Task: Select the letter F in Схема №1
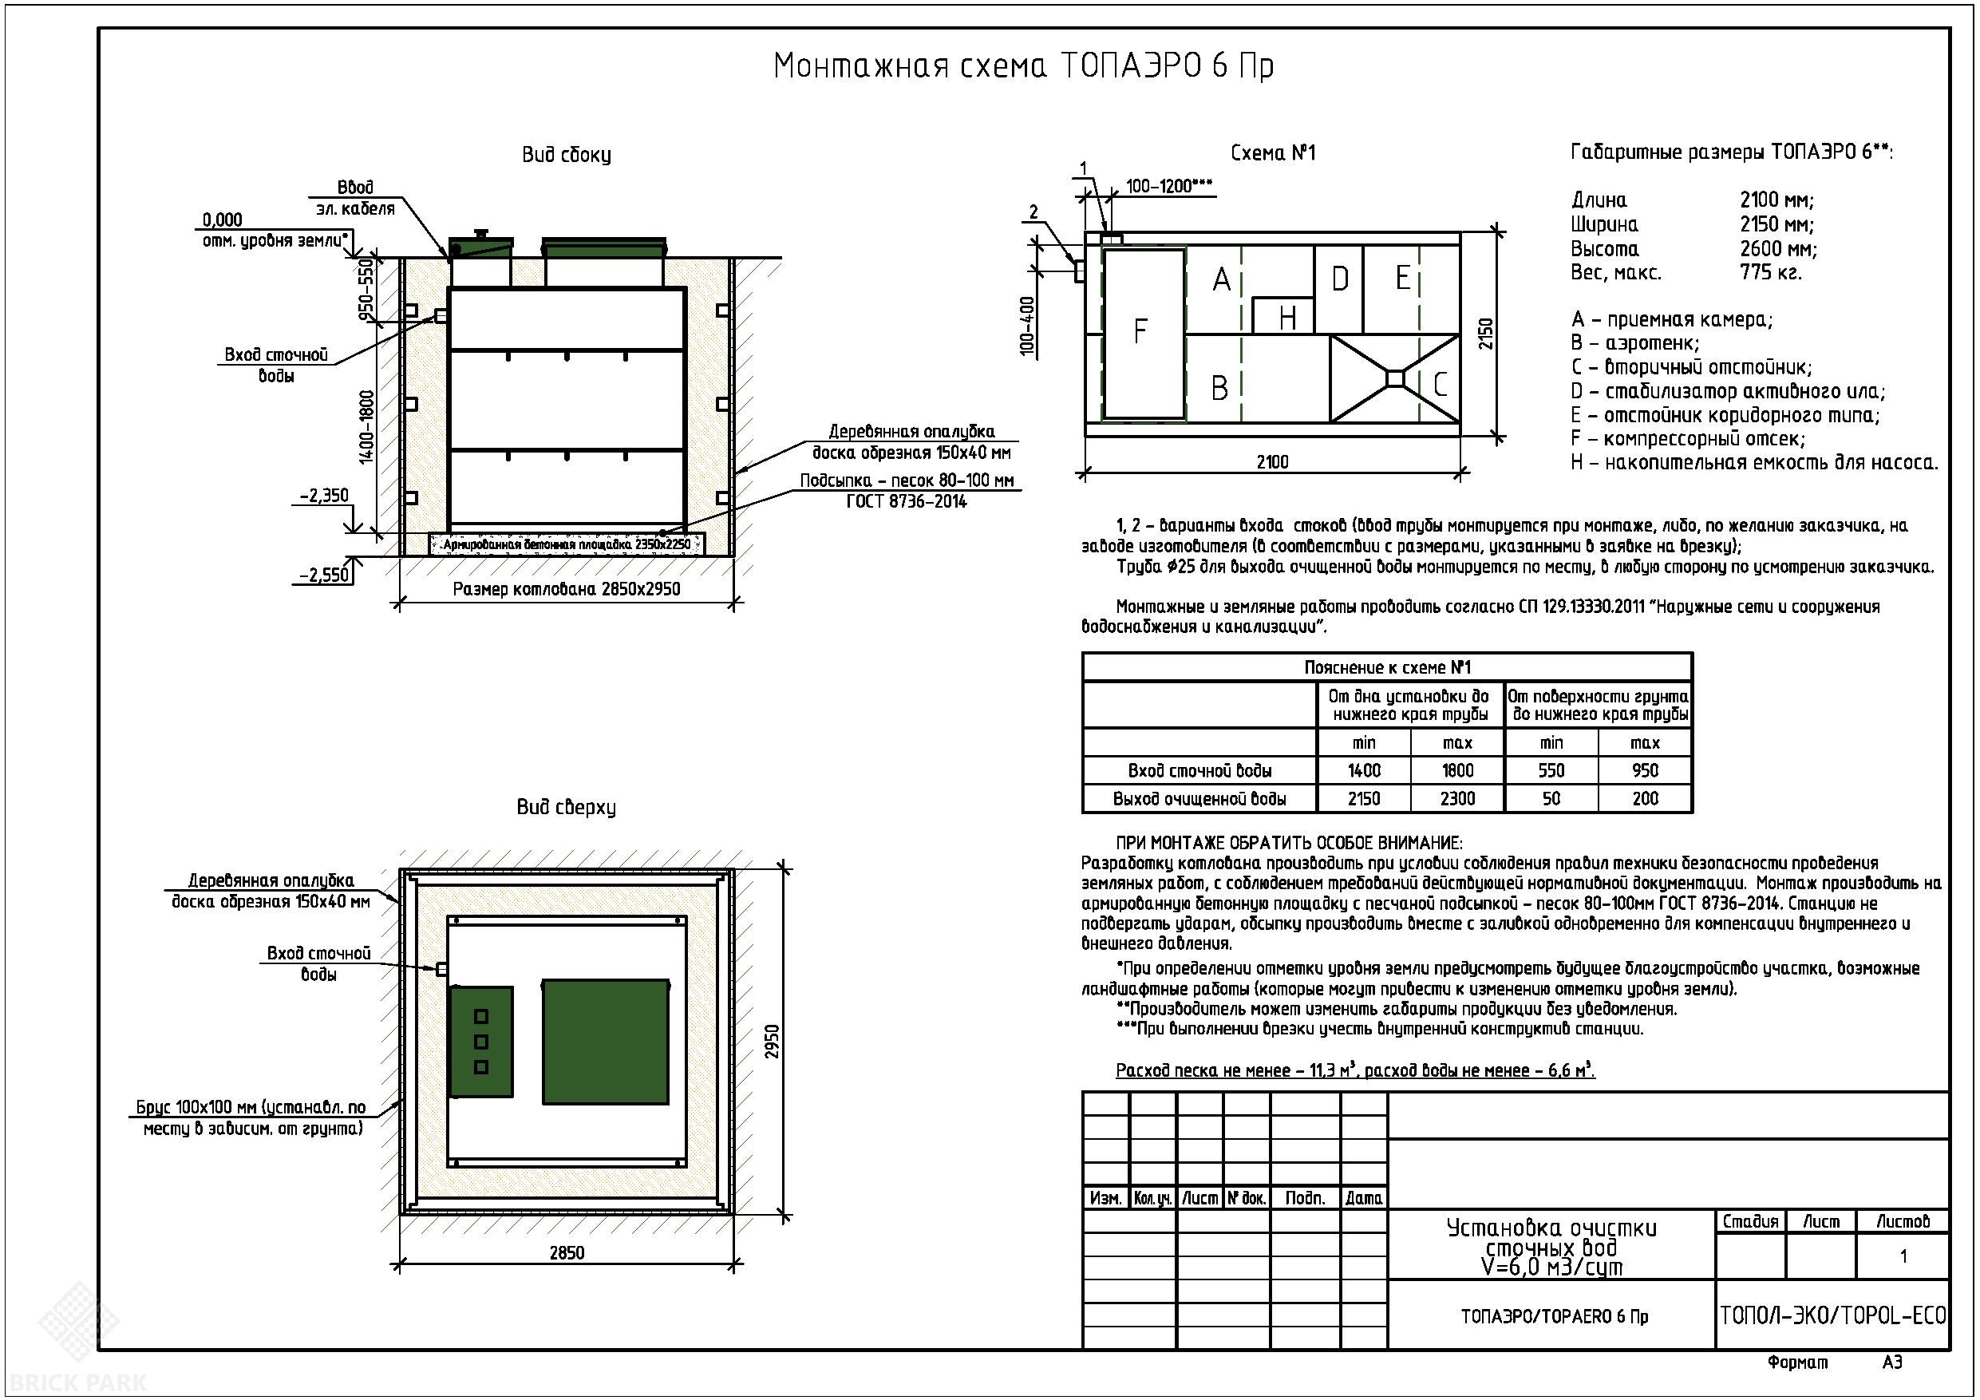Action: point(1140,331)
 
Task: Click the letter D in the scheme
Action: point(1339,279)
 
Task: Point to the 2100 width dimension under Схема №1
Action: point(1272,462)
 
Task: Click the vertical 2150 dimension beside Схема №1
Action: point(1485,334)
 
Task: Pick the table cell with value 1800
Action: point(1457,770)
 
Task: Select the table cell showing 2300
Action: point(1457,799)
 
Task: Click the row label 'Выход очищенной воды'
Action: point(1199,799)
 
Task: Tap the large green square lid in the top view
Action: point(606,1041)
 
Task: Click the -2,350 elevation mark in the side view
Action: point(324,495)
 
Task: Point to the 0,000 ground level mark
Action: point(223,220)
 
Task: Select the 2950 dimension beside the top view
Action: point(773,1041)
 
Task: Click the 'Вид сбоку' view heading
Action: point(567,156)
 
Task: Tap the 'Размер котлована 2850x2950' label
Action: point(567,589)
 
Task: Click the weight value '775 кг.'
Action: point(1770,273)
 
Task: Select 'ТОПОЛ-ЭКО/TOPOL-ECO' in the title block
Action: point(1832,1315)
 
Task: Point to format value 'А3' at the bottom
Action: point(1892,1363)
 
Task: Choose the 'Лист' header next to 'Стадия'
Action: point(1821,1221)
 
